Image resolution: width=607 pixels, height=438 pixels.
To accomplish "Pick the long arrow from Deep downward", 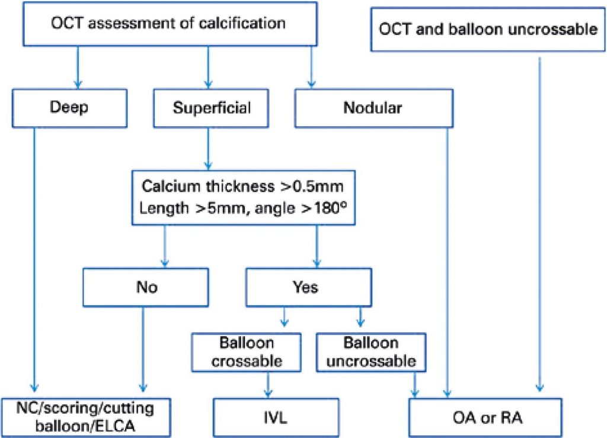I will pos(34,255).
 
